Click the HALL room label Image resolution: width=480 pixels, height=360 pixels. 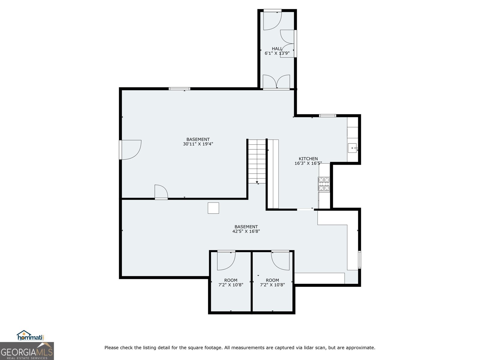(x=277, y=49)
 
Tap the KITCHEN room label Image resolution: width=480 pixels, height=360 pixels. (x=308, y=159)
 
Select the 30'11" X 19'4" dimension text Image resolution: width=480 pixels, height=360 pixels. (x=198, y=144)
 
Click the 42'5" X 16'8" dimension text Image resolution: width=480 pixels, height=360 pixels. (x=246, y=231)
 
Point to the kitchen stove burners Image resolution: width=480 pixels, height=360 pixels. (x=324, y=184)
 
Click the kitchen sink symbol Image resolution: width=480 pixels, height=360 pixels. (x=352, y=148)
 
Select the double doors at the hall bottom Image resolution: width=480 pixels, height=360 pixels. (x=276, y=82)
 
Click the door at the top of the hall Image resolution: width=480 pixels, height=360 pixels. (x=272, y=20)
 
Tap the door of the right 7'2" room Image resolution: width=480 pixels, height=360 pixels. (x=280, y=260)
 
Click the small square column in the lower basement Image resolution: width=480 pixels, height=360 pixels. (x=213, y=208)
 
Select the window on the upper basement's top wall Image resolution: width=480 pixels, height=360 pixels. (x=179, y=89)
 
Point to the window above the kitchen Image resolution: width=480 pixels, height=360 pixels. (x=327, y=115)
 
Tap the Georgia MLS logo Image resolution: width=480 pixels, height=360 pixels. (x=27, y=351)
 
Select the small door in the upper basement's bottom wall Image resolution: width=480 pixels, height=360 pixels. (x=161, y=192)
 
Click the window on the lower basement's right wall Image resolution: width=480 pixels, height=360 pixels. (x=359, y=259)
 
